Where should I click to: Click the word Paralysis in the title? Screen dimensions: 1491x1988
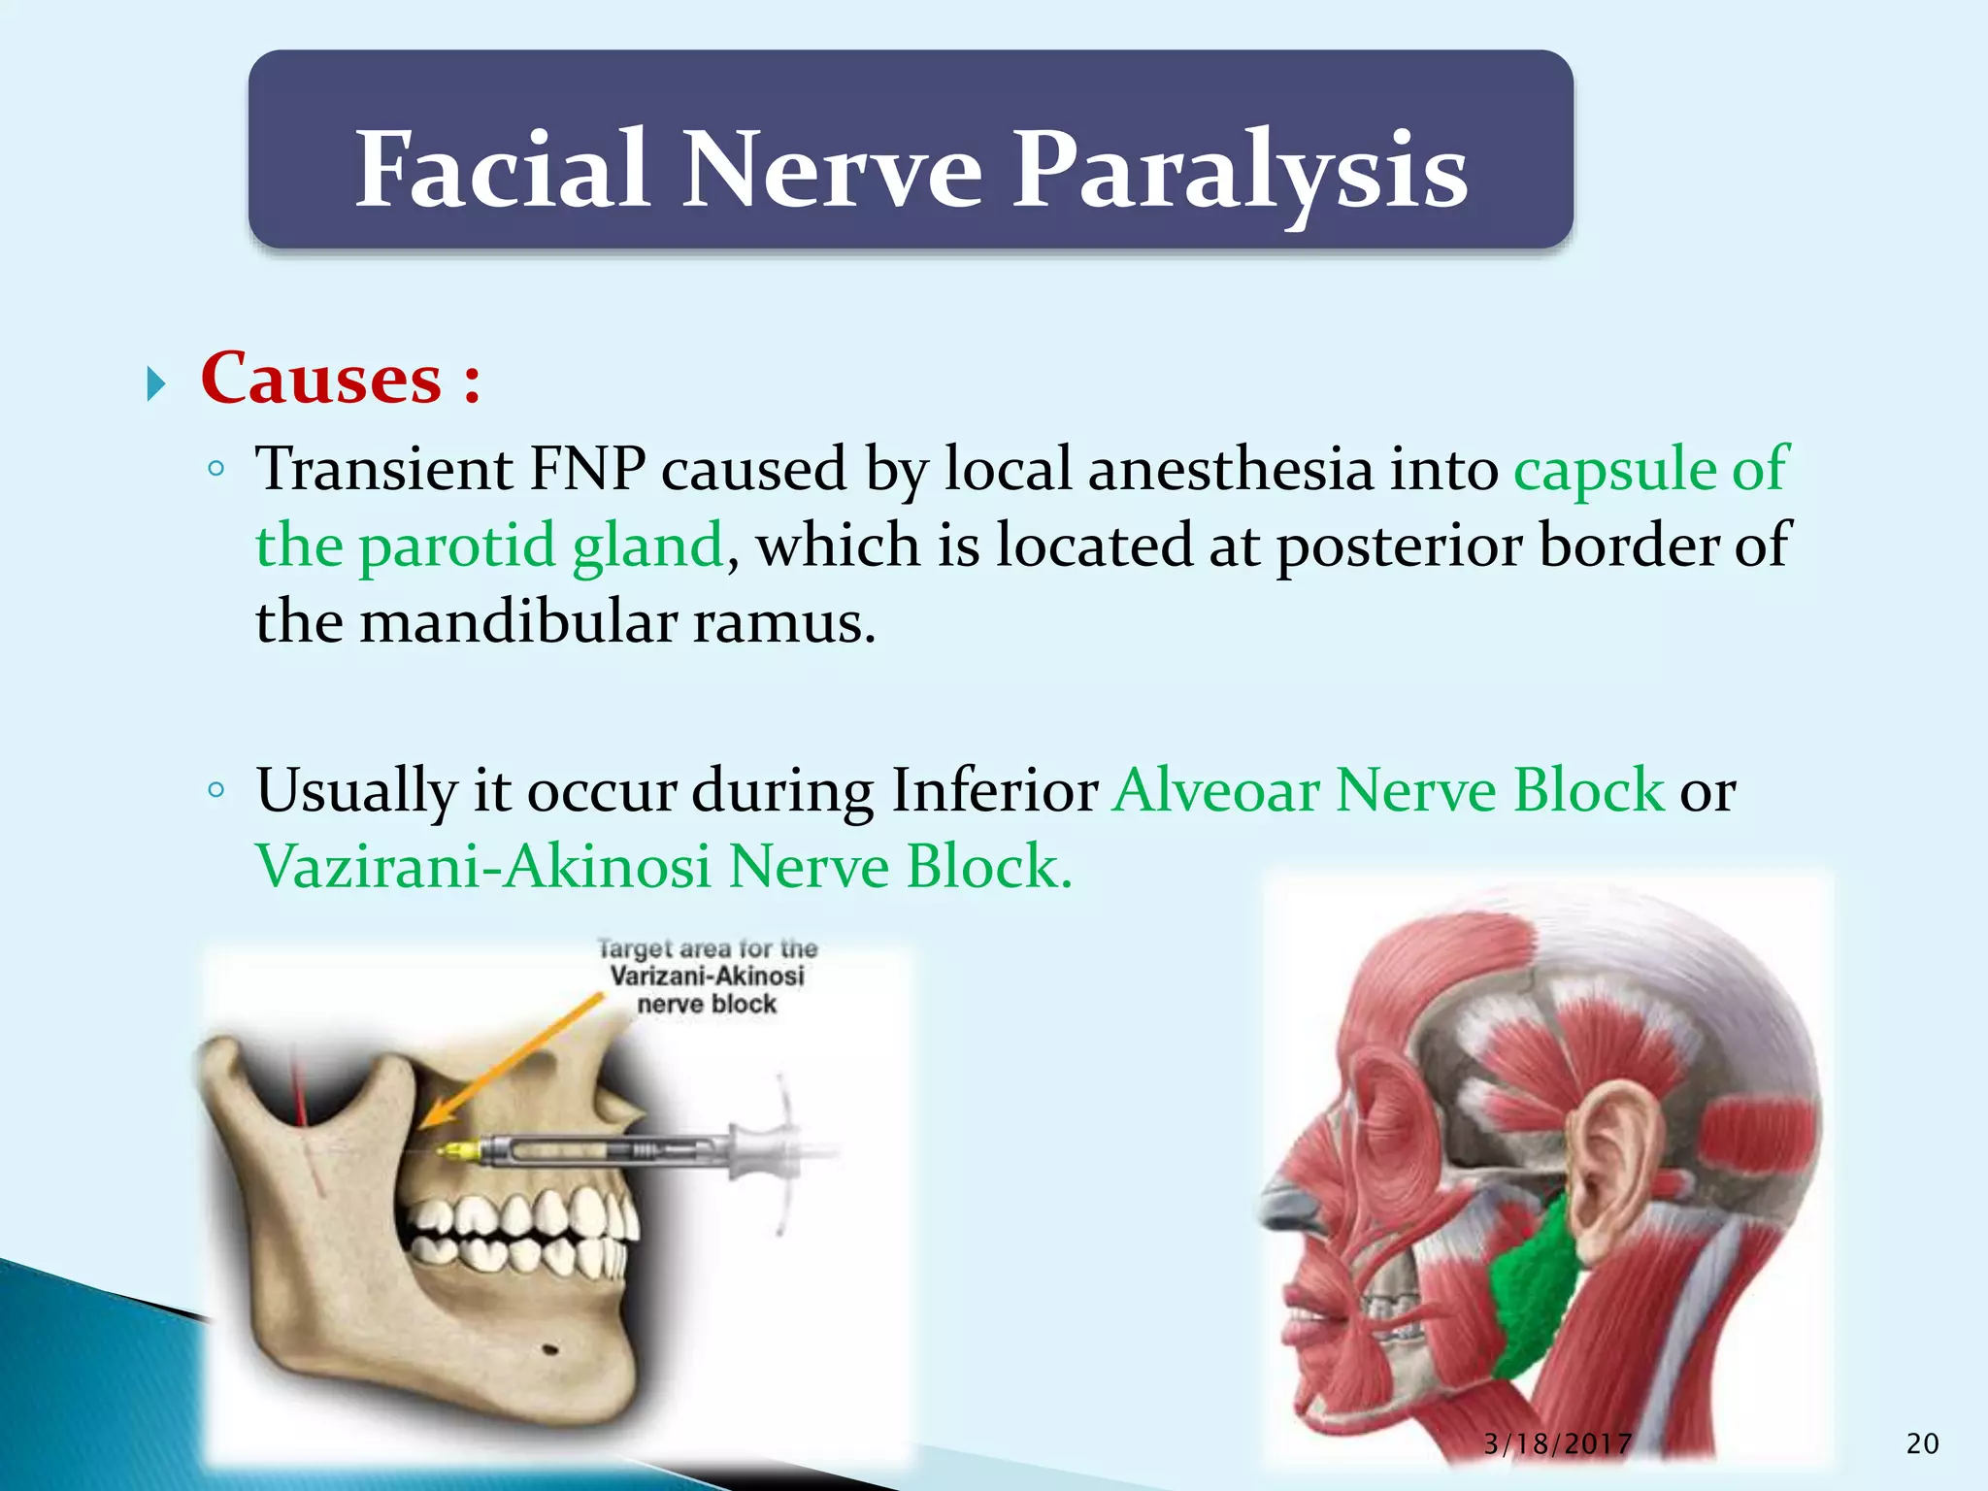point(1240,173)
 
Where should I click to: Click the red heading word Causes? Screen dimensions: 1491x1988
point(321,379)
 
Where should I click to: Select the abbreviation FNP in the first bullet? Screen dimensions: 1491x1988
point(586,470)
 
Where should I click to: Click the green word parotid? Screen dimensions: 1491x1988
point(456,547)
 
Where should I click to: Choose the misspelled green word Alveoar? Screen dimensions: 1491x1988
point(1216,791)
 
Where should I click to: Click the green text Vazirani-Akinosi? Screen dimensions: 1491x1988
point(482,867)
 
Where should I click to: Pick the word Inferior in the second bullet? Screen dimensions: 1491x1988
point(994,791)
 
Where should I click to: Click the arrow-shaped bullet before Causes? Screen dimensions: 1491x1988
point(156,384)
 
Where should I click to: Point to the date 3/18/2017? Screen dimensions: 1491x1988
point(1557,1444)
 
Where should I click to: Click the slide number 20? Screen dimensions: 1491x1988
point(1922,1444)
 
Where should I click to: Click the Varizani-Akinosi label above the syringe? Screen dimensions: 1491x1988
point(707,977)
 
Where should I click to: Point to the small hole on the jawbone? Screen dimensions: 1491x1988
point(548,1350)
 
